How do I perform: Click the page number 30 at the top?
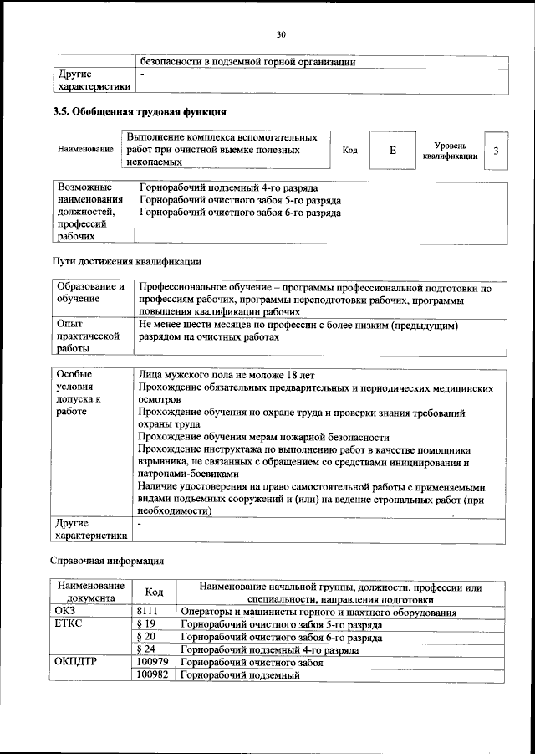tap(282, 34)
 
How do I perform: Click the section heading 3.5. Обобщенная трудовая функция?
tap(139, 111)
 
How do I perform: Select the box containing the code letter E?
tap(392, 150)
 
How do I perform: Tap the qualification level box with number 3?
tap(497, 151)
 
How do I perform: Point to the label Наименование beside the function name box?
tap(86, 149)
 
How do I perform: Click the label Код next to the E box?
tap(349, 150)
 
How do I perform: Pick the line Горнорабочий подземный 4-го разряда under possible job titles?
tap(228, 188)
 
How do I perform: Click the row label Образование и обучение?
tap(91, 292)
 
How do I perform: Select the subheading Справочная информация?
tap(107, 559)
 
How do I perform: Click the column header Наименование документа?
tap(90, 592)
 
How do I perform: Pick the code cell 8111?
tap(147, 613)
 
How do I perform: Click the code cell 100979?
tap(153, 661)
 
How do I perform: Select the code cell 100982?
tap(153, 674)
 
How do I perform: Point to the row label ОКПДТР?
tap(75, 661)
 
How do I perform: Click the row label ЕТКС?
tap(69, 625)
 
